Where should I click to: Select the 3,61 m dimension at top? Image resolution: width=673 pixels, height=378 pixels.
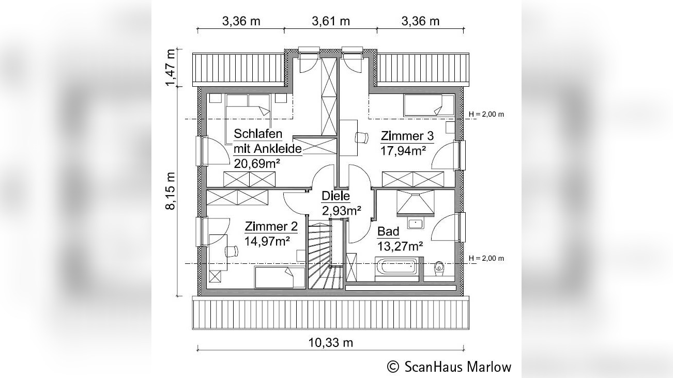[331, 21]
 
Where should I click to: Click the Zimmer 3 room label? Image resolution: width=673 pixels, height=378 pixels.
[407, 136]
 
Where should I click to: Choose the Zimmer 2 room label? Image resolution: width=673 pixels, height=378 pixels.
[271, 227]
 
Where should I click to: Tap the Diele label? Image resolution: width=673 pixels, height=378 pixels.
[335, 196]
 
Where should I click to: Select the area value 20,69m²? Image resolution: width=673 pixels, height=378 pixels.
[257, 164]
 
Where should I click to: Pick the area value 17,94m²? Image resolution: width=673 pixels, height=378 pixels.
[404, 150]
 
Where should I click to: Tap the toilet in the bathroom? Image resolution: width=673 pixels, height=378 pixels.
[439, 267]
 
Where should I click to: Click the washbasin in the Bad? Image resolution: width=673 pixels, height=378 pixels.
[415, 224]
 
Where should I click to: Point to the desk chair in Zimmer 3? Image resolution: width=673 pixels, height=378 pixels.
[361, 137]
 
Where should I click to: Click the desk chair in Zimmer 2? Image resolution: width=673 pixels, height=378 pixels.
[231, 251]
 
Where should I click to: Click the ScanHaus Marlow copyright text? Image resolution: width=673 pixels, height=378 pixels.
[449, 367]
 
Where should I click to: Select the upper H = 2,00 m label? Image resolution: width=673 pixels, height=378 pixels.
[485, 114]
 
